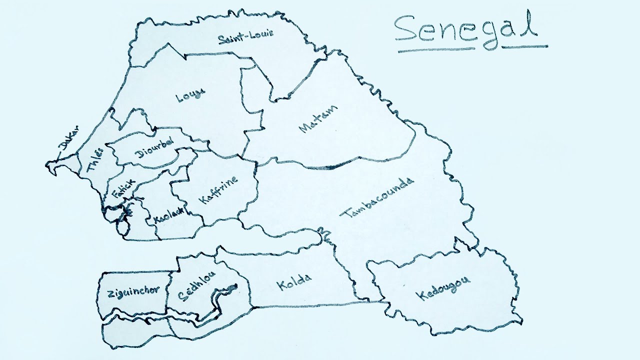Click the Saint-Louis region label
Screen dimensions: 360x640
[x=238, y=38]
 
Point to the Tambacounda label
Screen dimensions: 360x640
[x=377, y=198]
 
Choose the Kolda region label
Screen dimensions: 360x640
[x=293, y=283]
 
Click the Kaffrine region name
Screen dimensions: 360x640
[x=218, y=190]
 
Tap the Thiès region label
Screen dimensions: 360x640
[x=95, y=159]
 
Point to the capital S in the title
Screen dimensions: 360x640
[x=406, y=29]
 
